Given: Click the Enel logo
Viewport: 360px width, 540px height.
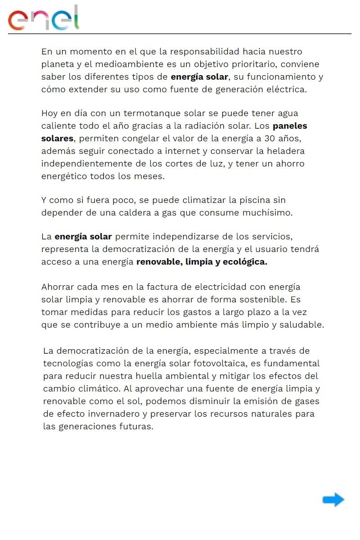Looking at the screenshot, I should point(44,18).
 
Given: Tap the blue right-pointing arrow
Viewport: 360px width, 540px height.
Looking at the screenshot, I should point(333,499).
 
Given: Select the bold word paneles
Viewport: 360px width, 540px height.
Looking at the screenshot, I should point(290,126).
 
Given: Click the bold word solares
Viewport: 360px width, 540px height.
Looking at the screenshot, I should point(57,138).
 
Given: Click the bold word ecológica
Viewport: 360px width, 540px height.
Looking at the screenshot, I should point(244,262).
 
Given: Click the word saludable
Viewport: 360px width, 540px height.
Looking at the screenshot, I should point(303,324).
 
